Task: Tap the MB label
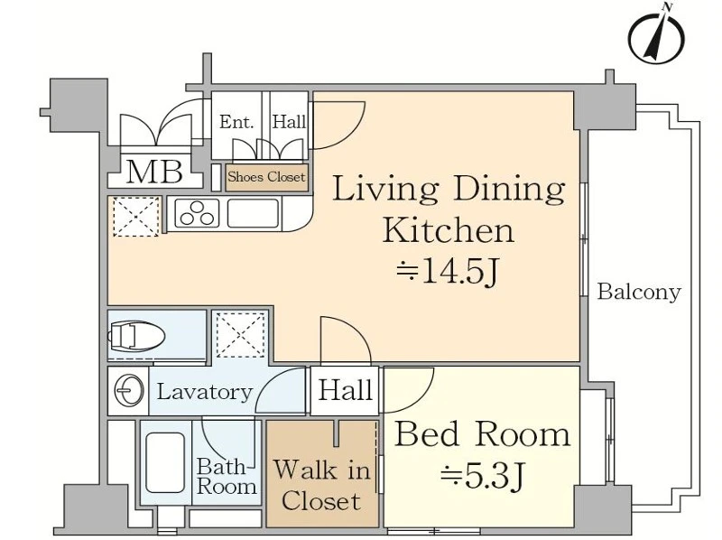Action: point(154,172)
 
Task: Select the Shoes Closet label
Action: point(266,177)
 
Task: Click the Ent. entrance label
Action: point(236,122)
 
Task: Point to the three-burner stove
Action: point(198,213)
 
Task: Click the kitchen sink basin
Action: point(254,213)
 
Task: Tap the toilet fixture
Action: point(136,335)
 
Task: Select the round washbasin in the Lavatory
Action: point(129,391)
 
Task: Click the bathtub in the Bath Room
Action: point(165,462)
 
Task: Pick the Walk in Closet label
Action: point(321,486)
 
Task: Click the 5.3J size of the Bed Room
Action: point(483,476)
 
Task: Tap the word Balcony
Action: point(639,292)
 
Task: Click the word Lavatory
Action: point(205,392)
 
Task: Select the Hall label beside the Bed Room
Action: point(346,390)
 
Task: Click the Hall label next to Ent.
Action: point(289,122)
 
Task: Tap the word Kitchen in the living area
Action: point(448,230)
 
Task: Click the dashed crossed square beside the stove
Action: point(136,217)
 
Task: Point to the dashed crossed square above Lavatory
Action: point(241,335)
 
